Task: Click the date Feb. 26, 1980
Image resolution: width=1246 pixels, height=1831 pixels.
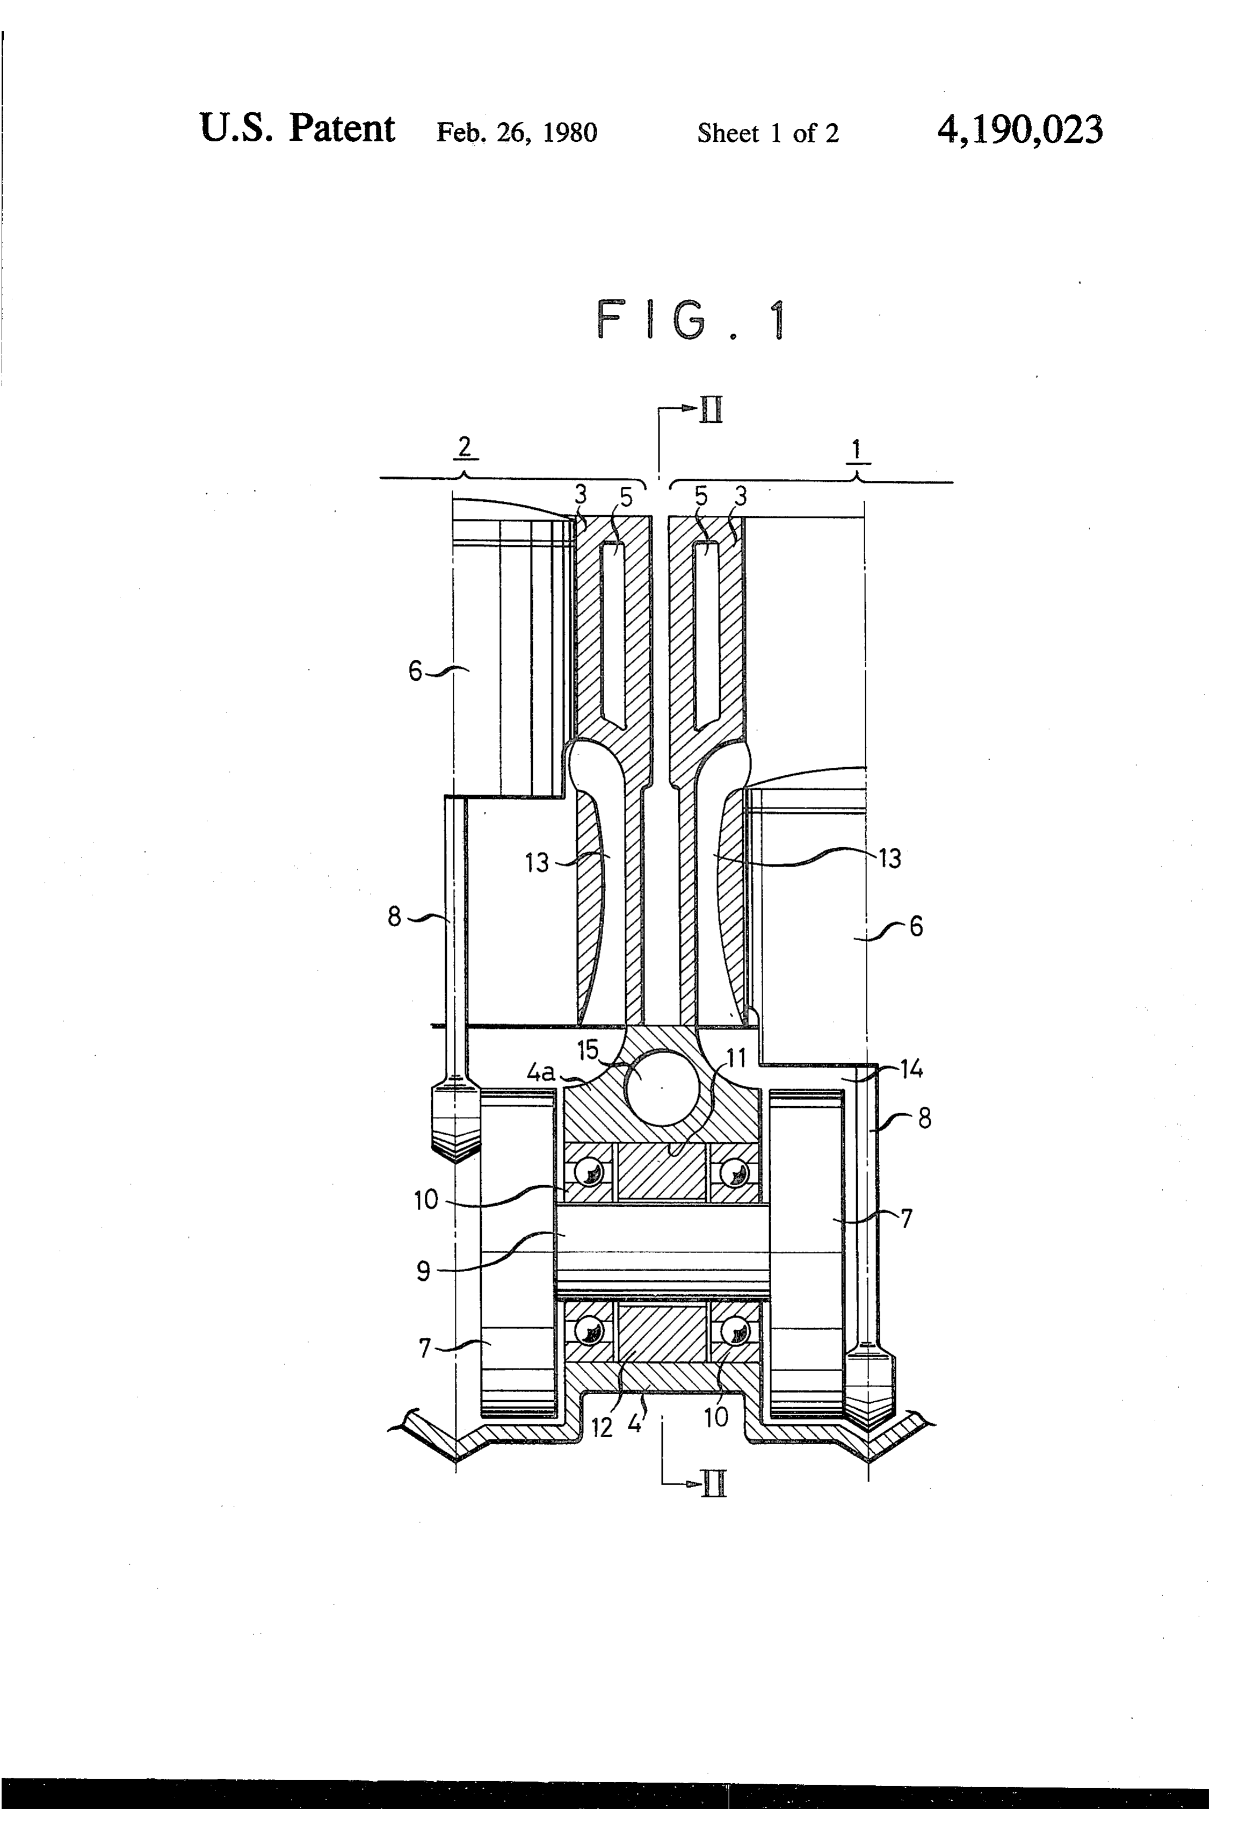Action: (517, 132)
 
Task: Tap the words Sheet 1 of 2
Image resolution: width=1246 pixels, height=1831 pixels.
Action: (768, 133)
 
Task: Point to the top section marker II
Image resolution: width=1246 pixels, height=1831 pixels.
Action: (711, 410)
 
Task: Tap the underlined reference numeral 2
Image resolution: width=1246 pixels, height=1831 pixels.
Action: (465, 448)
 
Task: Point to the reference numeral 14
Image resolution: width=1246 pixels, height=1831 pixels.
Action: (911, 1069)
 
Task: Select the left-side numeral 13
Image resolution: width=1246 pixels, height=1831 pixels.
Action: (537, 863)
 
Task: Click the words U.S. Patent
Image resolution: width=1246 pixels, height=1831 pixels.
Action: (297, 128)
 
